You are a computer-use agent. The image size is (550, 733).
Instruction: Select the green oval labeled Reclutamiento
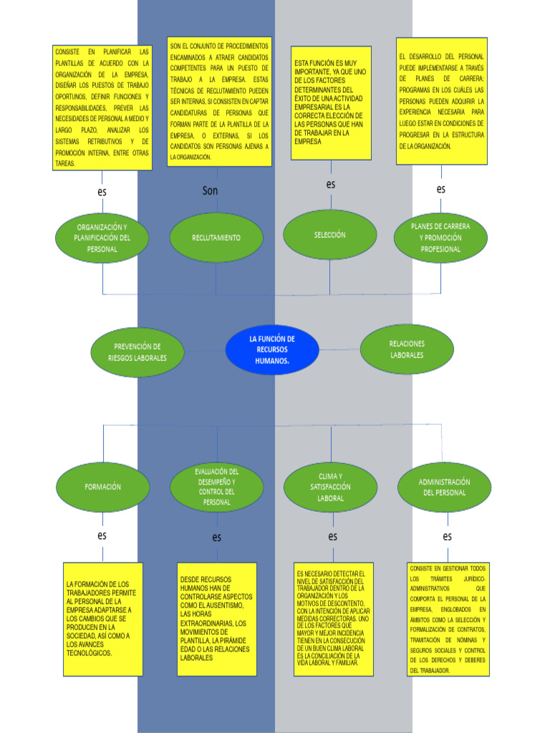coord(216,238)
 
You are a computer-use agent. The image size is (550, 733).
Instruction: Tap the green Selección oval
coord(329,235)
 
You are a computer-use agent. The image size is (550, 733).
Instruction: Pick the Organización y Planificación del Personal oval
coord(102,238)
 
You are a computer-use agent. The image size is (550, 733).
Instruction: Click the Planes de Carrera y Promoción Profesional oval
coord(440,238)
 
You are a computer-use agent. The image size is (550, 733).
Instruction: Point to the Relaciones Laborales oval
coord(406,349)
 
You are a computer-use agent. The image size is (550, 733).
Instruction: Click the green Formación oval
coord(102,487)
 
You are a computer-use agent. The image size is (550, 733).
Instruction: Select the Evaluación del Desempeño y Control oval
coord(216,487)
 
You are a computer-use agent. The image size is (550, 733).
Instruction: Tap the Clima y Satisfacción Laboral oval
coord(330,487)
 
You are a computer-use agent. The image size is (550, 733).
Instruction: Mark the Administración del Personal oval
coord(444,487)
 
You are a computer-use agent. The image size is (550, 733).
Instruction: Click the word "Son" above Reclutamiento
coord(210,190)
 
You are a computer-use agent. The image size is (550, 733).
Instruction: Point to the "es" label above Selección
coord(331,184)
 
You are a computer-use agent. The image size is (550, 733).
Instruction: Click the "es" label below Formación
coord(102,535)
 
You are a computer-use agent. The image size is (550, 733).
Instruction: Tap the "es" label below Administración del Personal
coord(447,536)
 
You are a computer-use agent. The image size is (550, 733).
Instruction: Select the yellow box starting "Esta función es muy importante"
coord(331,103)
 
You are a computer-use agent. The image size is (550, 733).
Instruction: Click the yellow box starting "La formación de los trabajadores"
coord(102,619)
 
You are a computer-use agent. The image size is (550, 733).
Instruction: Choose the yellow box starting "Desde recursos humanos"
coord(216,618)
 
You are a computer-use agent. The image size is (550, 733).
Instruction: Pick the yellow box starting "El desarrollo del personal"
coord(441,101)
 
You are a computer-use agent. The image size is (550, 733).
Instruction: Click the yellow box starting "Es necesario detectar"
coord(333,619)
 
